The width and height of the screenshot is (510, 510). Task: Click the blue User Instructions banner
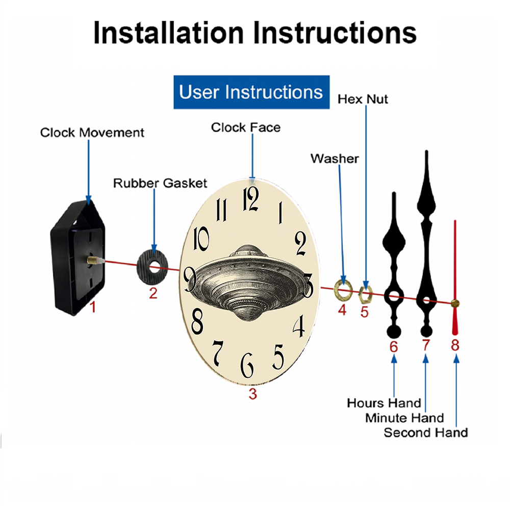point(251,92)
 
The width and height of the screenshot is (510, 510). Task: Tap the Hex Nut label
point(363,99)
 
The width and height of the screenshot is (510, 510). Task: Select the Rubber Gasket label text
point(160,183)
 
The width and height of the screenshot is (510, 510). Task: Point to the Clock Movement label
point(92,133)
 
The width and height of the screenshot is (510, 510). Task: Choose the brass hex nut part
point(365,295)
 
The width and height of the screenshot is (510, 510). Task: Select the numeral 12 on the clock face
point(251,199)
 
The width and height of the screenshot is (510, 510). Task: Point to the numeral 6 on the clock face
point(247,365)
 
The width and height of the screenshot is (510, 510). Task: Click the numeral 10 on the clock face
point(201,239)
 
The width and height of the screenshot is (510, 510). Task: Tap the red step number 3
point(253,394)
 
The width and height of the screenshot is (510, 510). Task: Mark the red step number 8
point(455,345)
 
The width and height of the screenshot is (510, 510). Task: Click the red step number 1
point(93,307)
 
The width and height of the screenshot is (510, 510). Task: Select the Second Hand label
point(426,433)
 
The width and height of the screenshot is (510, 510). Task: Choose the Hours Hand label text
point(384,403)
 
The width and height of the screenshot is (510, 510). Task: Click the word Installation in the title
point(168,33)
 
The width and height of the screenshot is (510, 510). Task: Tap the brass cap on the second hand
point(455,304)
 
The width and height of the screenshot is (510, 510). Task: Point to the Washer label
point(335,159)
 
